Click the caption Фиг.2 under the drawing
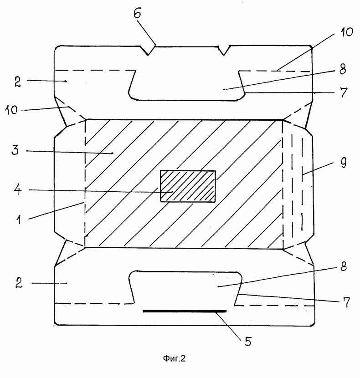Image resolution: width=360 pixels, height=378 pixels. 174,358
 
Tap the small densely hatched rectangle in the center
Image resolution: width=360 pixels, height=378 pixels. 187,186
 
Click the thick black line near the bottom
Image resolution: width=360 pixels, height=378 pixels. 185,311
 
